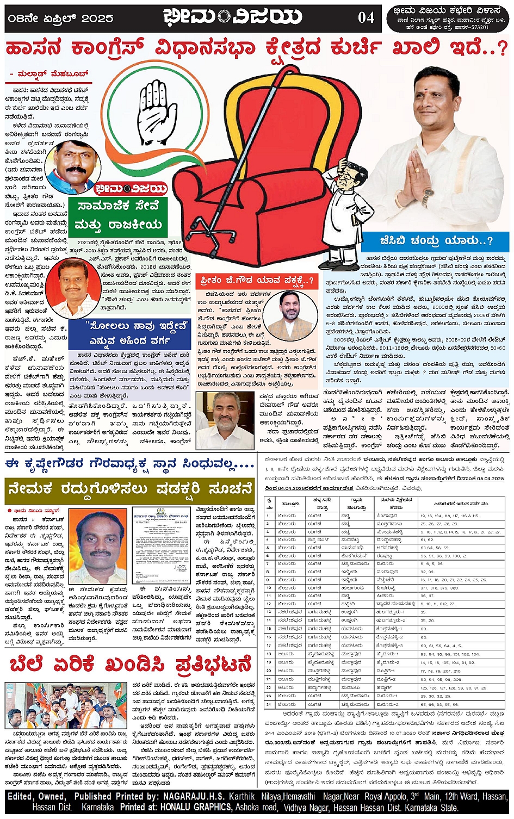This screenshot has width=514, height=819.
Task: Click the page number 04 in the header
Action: (366, 17)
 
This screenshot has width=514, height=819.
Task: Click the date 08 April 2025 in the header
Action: (60, 18)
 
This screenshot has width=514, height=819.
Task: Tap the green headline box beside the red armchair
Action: (118, 216)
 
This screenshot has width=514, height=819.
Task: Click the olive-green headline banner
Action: (129, 491)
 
